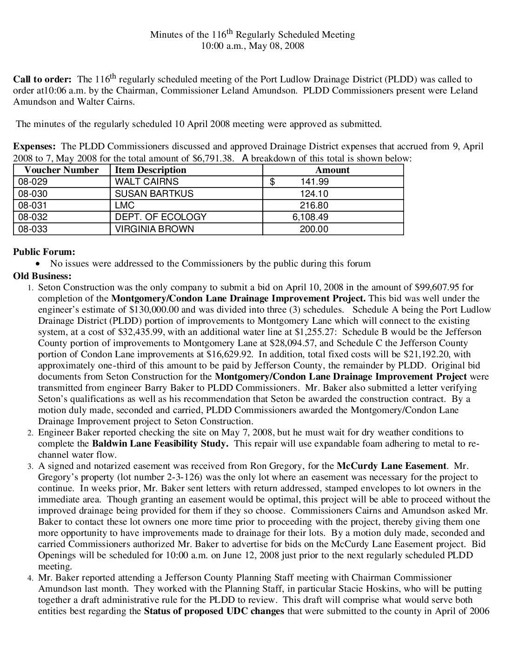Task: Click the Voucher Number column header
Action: tap(61, 170)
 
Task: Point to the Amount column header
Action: tap(333, 170)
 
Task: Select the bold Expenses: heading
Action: tap(34, 147)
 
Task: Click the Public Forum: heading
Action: tap(44, 252)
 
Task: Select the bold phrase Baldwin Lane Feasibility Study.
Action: tap(160, 443)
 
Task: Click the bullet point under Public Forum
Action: tap(43, 264)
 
